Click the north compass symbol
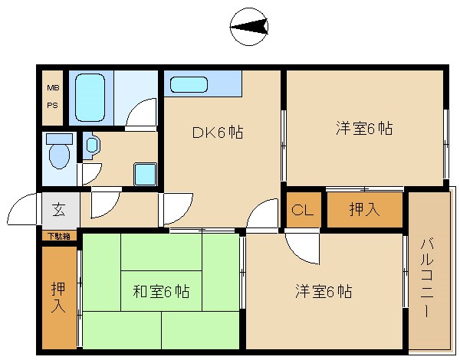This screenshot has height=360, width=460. [248, 27]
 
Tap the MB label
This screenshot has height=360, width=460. [53, 87]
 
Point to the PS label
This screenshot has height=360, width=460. [53, 105]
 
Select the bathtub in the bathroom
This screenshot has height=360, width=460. [90, 97]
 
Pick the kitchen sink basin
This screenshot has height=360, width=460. [189, 84]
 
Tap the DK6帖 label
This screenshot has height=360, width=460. [218, 133]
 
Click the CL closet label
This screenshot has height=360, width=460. [303, 210]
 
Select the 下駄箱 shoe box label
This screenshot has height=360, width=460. [59, 236]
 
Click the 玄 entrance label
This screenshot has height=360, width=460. [59, 209]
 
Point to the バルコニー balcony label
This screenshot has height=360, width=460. [427, 278]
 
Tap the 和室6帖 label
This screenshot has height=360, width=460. [161, 291]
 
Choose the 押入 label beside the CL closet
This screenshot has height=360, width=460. [364, 209]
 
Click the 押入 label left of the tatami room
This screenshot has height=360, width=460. [58, 297]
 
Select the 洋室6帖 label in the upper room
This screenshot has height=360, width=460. [364, 129]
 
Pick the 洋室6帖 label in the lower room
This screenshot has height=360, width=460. [324, 291]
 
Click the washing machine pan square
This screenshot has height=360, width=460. [145, 175]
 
